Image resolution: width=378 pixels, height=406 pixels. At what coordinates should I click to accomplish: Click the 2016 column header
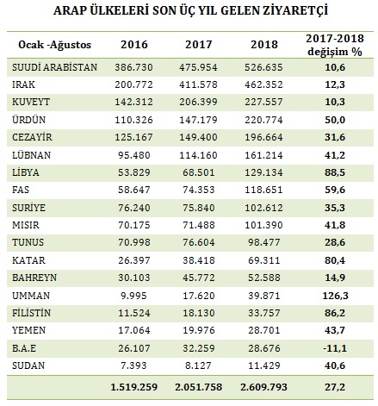(134, 45)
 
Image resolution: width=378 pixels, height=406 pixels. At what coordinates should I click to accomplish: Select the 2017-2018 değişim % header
(335, 45)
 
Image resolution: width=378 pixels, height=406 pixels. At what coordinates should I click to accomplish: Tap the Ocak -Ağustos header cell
(54, 45)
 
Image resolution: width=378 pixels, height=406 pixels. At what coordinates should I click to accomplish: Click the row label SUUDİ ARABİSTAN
(55, 67)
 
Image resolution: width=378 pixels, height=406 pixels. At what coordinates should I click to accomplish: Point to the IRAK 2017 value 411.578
(198, 84)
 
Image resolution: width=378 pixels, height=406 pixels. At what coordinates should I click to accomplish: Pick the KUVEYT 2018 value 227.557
(263, 102)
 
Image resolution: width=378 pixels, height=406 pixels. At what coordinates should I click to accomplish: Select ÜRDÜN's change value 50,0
(335, 120)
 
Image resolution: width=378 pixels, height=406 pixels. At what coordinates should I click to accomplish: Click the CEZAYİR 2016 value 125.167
(133, 137)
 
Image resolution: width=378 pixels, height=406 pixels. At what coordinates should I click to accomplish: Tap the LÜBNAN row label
(31, 155)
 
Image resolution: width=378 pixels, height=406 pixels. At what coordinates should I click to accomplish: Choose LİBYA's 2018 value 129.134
(263, 172)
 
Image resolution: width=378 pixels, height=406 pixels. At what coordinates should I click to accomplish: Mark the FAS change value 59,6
(335, 190)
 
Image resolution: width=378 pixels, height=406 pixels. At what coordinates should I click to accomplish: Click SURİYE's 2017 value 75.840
(199, 208)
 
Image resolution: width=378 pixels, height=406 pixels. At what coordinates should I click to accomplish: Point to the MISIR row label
(26, 225)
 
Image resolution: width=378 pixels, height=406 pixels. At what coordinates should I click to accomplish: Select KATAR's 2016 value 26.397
(134, 260)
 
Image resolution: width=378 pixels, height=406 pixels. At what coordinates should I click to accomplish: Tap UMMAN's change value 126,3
(335, 296)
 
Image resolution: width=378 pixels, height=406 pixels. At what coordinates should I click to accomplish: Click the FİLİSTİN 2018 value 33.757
(264, 313)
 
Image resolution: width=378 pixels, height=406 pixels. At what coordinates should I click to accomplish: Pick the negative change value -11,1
(335, 348)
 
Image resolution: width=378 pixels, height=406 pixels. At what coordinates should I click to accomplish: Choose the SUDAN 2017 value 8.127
(199, 365)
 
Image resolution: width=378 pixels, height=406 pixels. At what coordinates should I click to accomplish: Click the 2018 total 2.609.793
(263, 387)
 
